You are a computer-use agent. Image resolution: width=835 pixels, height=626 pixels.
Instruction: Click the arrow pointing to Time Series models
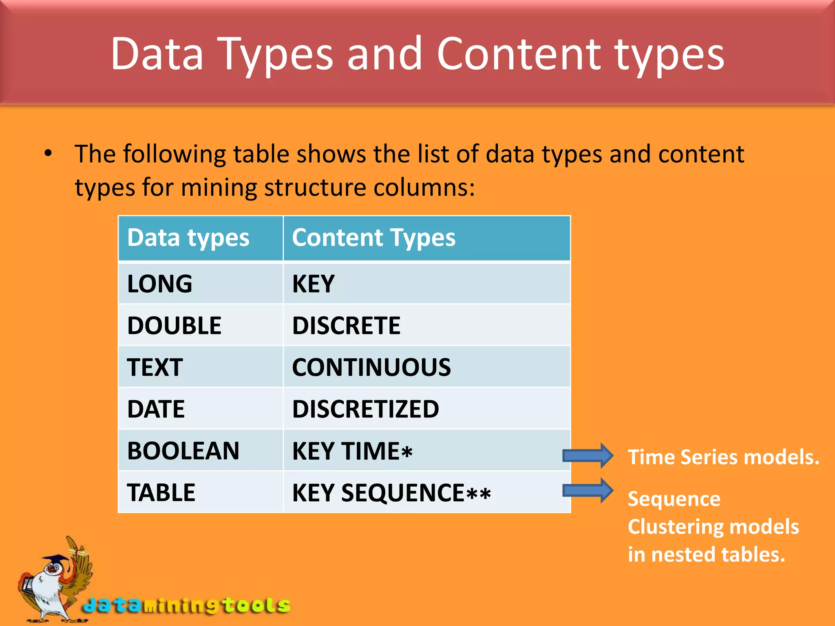(588, 455)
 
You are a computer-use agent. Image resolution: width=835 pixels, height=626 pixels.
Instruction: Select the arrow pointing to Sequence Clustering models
(588, 490)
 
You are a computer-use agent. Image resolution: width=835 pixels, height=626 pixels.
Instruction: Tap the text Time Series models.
(723, 457)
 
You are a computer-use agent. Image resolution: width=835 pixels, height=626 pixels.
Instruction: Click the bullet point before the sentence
(49, 154)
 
